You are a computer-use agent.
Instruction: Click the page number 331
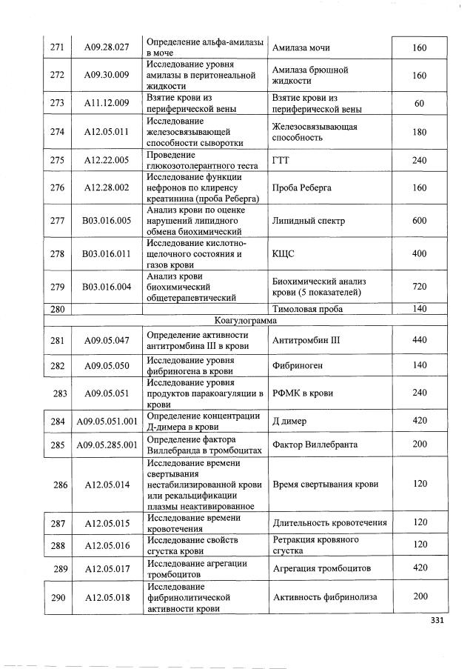435,621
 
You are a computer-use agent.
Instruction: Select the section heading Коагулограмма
244,321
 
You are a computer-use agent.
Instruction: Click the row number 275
57,161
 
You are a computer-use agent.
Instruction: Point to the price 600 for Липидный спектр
419,222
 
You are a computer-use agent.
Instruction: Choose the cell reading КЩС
284,254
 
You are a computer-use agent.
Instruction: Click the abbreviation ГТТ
281,161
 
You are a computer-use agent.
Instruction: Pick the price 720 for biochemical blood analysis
419,287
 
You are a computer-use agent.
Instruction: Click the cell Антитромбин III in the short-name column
306,340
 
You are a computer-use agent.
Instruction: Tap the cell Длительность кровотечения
330,523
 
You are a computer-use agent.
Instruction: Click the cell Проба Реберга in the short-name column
302,188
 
